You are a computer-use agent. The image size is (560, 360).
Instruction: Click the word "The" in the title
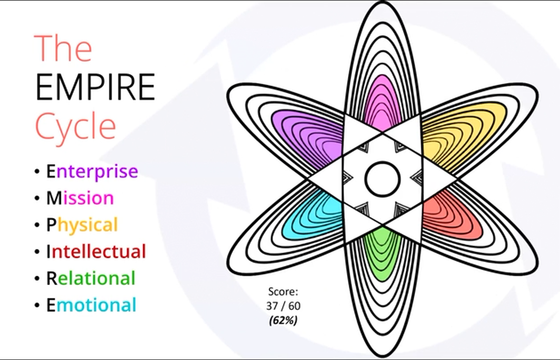[63, 48]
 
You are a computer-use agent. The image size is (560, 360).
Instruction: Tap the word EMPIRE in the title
[95, 88]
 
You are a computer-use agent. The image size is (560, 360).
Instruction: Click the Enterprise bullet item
[92, 172]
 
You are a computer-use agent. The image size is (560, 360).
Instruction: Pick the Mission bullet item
[80, 198]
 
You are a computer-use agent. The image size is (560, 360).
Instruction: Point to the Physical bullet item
[82, 225]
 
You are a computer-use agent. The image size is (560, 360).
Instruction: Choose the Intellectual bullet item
[96, 251]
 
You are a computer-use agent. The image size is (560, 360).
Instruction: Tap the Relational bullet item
[90, 278]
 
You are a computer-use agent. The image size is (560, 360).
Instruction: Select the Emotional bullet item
[91, 305]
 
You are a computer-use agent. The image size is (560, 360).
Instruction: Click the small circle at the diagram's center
[382, 179]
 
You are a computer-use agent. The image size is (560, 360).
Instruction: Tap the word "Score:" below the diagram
[283, 292]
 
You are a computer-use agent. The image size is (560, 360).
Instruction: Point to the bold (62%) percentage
[283, 320]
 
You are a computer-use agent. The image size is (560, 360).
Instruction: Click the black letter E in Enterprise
[50, 172]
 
